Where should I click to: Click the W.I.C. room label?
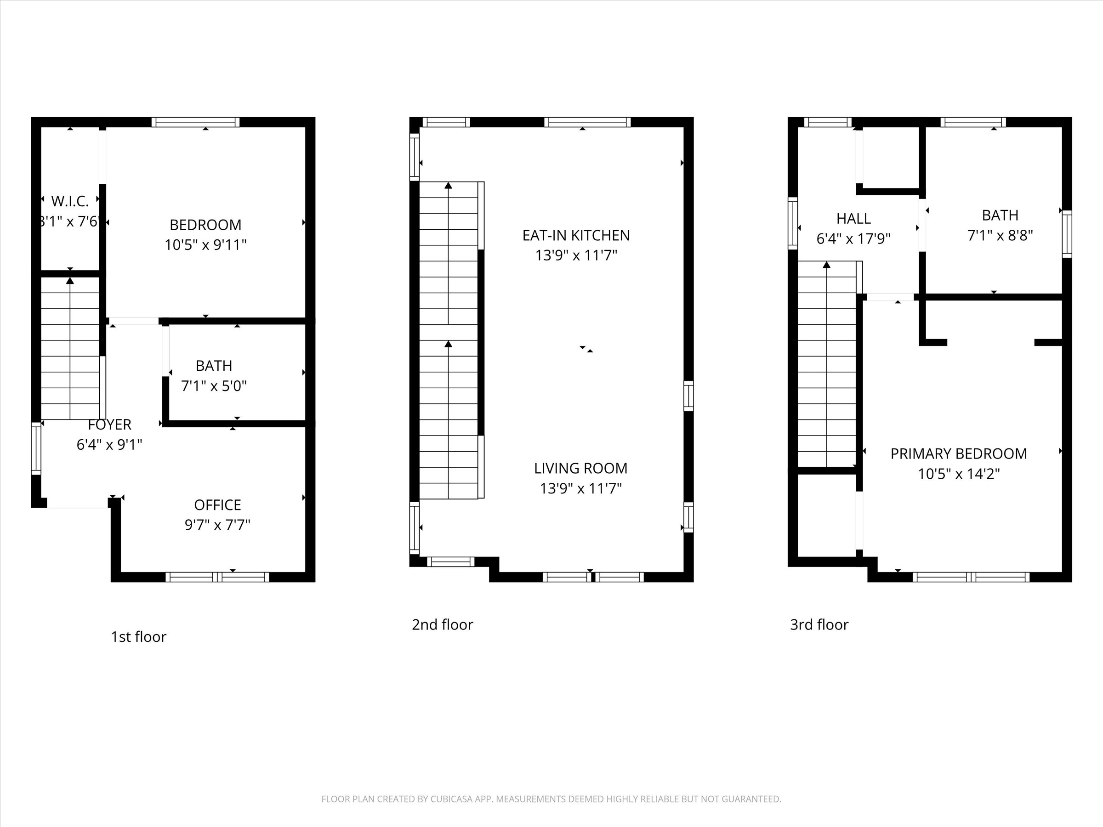(x=70, y=201)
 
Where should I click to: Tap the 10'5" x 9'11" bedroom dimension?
(x=205, y=245)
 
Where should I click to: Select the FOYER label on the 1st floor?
(x=109, y=425)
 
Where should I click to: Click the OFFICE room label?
(x=217, y=505)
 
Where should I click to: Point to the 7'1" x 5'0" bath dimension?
(x=213, y=386)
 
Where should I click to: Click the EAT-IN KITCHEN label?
(x=576, y=235)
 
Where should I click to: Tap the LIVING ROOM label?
(x=580, y=468)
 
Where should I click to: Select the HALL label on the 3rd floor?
(x=853, y=218)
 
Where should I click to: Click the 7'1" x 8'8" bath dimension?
(x=1000, y=235)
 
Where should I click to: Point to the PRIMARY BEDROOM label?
(x=958, y=453)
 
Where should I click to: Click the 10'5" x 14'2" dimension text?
(x=958, y=474)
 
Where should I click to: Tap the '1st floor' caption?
(x=138, y=637)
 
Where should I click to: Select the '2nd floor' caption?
(x=442, y=624)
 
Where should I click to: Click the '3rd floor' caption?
(x=819, y=624)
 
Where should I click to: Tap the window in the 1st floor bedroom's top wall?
(x=195, y=122)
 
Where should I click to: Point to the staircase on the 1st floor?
(x=70, y=349)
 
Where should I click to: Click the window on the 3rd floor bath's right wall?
(x=1067, y=234)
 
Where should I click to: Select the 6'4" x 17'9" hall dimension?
(x=853, y=239)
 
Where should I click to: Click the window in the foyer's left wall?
(x=36, y=448)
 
